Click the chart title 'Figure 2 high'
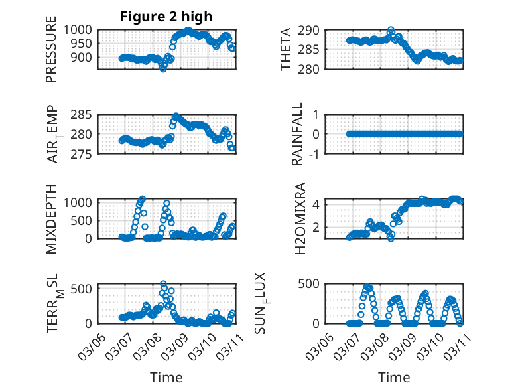(x=166, y=17)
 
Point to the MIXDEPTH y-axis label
(x=51, y=218)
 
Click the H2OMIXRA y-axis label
(x=300, y=218)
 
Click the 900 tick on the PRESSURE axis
(x=85, y=58)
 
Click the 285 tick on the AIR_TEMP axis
(x=85, y=115)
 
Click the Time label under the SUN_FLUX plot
(x=394, y=378)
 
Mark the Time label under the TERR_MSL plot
(x=166, y=378)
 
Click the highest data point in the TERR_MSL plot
(x=163, y=284)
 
